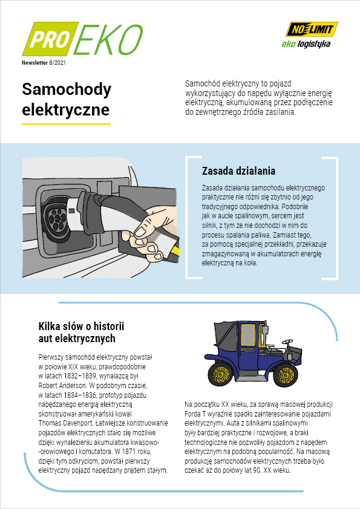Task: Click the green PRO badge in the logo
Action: (x=50, y=39)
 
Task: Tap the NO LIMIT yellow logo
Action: (x=312, y=29)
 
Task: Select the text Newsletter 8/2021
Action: (x=44, y=63)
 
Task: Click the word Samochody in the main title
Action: (x=67, y=89)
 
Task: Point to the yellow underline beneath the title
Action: (x=67, y=124)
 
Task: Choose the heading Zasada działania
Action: (x=238, y=170)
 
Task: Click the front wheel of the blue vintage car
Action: (x=286, y=375)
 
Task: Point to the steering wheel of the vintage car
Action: (x=287, y=342)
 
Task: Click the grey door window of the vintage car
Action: (x=248, y=335)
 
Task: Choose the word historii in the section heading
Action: (x=109, y=326)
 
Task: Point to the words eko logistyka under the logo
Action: (x=306, y=44)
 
